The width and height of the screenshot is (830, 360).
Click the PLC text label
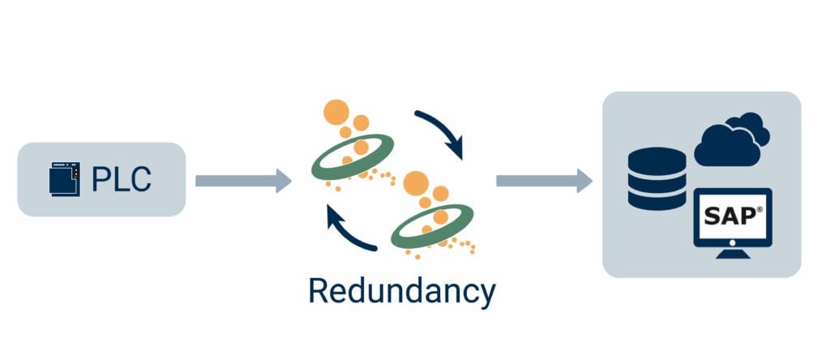click(x=121, y=179)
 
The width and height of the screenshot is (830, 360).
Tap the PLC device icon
click(x=65, y=179)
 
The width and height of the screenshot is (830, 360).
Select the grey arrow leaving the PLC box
click(x=242, y=180)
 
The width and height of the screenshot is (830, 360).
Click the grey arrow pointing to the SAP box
click(x=544, y=180)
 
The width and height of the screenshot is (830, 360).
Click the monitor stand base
click(x=733, y=254)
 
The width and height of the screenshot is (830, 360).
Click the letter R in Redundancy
click(x=319, y=290)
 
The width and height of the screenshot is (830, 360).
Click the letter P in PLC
click(x=100, y=179)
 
